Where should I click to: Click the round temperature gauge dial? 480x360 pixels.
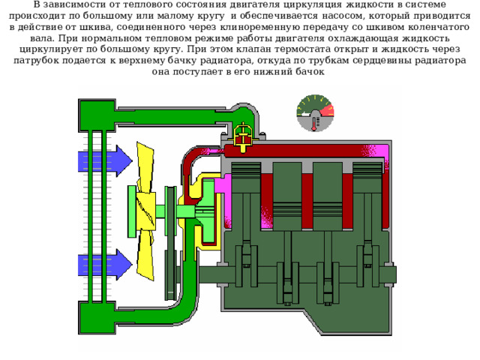point(315,113)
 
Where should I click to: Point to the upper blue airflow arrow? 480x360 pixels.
point(105,161)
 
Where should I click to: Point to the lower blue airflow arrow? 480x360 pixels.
point(105,265)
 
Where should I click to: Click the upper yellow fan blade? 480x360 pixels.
point(145,167)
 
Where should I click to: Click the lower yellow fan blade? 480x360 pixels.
point(145,255)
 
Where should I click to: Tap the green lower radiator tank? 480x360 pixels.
point(97,317)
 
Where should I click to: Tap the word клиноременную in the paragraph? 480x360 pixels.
point(260,27)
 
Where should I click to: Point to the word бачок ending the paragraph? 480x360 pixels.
point(310,72)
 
